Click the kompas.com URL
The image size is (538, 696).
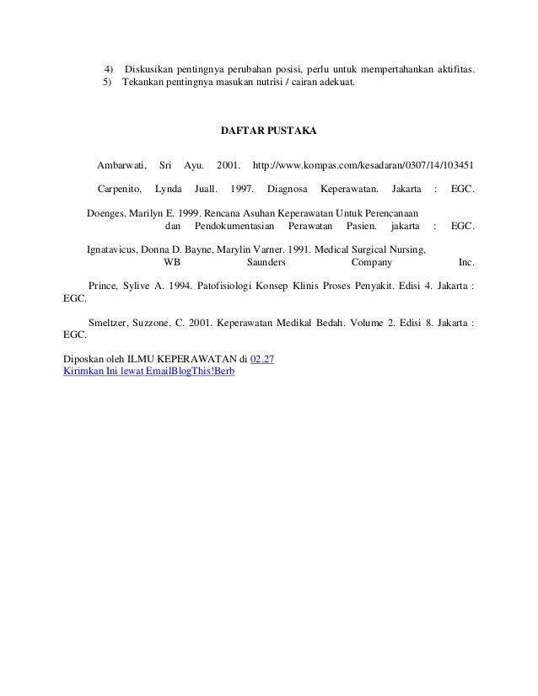point(363,163)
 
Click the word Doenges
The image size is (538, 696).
point(105,213)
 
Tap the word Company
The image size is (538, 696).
point(371,262)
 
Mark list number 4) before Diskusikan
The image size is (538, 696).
point(109,67)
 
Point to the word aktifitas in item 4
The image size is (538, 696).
point(452,67)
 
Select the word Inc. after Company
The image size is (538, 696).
point(465,262)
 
